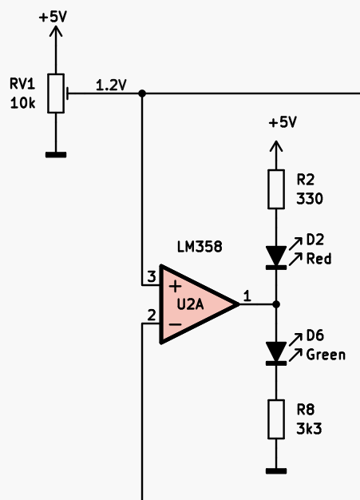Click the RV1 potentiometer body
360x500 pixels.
[56, 93]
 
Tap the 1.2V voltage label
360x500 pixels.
[111, 85]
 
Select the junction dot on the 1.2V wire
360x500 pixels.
[142, 93]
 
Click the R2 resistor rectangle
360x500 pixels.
[276, 189]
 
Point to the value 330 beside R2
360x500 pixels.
[310, 199]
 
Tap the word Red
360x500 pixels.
[318, 259]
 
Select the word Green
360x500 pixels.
[326, 355]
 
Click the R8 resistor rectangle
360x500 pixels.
[276, 419]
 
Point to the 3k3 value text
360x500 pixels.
[309, 429]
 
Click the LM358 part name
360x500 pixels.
[200, 247]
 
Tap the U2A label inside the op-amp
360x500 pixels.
[190, 304]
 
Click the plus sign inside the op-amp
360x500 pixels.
[175, 286]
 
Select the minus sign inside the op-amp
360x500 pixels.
[175, 324]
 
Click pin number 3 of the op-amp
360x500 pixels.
[152, 276]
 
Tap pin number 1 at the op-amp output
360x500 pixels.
[247, 296]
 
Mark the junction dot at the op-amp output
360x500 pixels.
[276, 304]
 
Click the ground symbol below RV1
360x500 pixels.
[56, 155]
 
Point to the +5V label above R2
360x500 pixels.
[283, 122]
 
